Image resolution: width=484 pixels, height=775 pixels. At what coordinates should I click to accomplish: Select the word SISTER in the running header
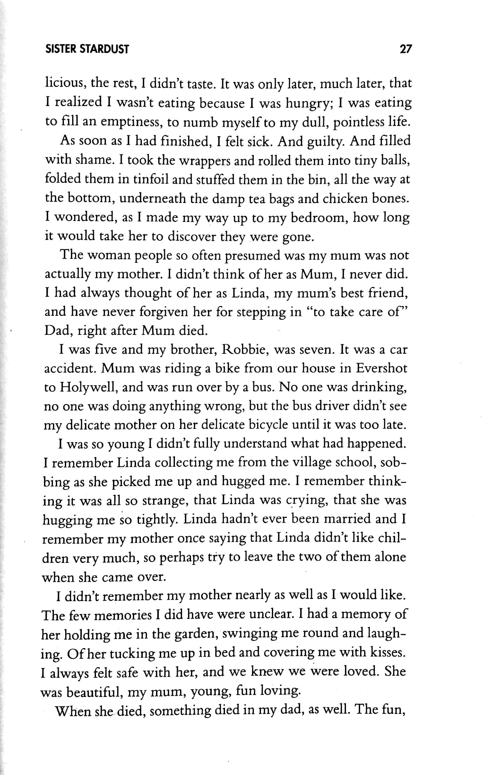click(x=61, y=49)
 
